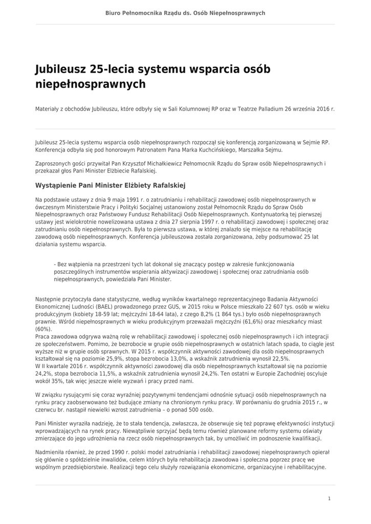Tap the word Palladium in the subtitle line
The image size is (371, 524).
(x=266, y=110)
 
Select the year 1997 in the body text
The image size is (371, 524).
(x=208, y=222)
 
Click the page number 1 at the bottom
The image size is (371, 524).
(x=329, y=498)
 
